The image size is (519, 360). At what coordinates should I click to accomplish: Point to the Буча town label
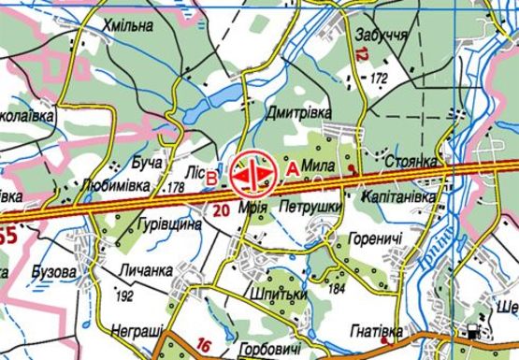click(147, 163)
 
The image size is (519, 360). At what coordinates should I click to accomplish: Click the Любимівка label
click(116, 186)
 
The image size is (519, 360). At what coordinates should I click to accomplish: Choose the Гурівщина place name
click(171, 226)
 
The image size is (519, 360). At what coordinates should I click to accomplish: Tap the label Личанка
click(147, 270)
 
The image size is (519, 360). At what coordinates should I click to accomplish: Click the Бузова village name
click(53, 271)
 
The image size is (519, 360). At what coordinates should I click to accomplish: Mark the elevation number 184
click(339, 289)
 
